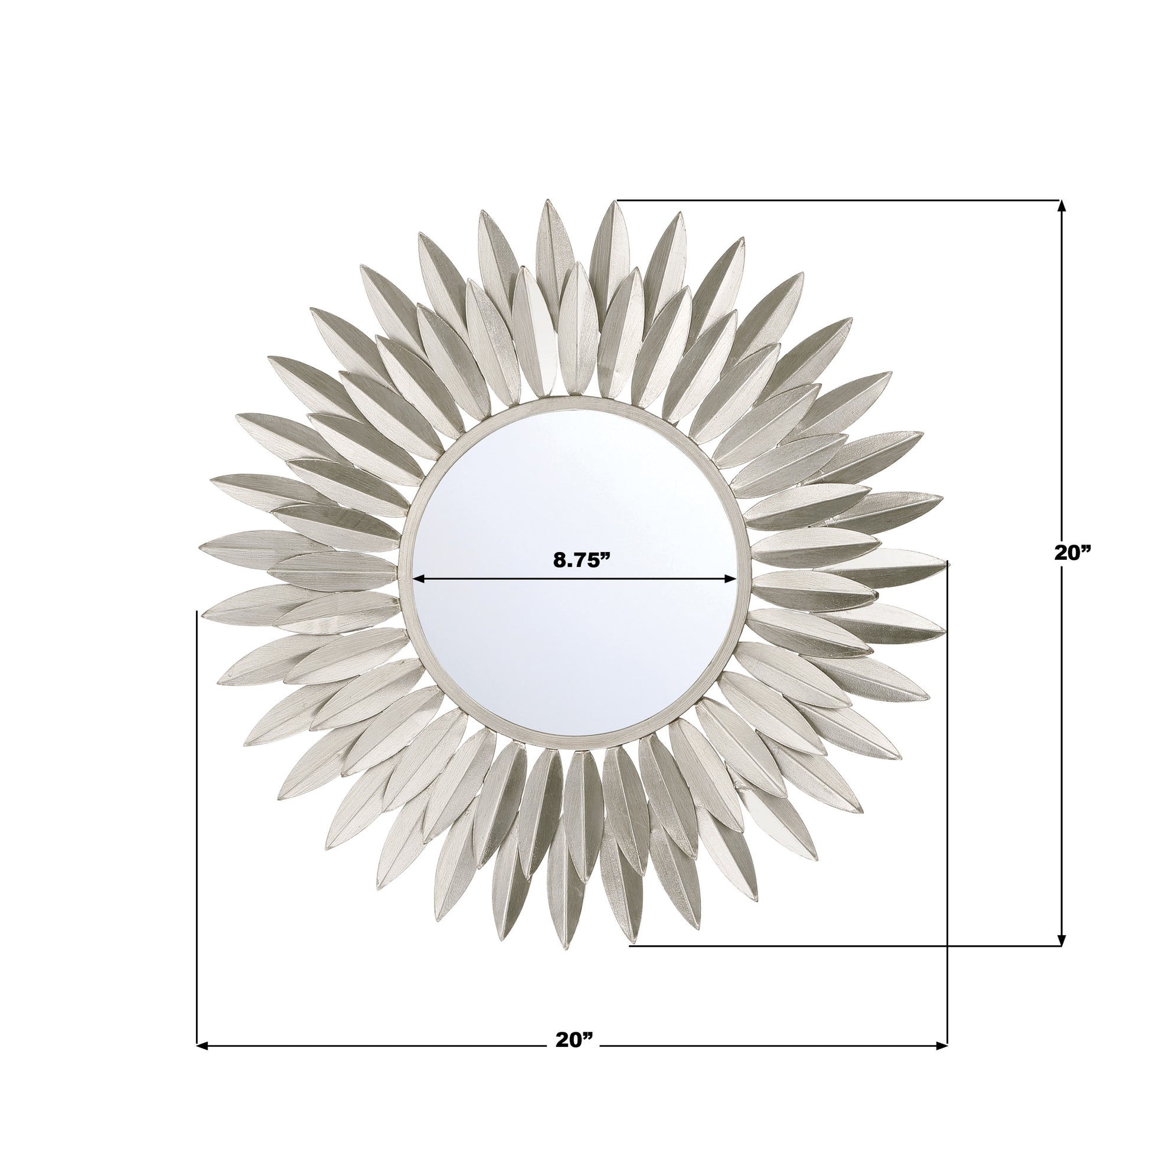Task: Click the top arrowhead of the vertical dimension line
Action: (x=1062, y=206)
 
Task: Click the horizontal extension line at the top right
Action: (x=833, y=200)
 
